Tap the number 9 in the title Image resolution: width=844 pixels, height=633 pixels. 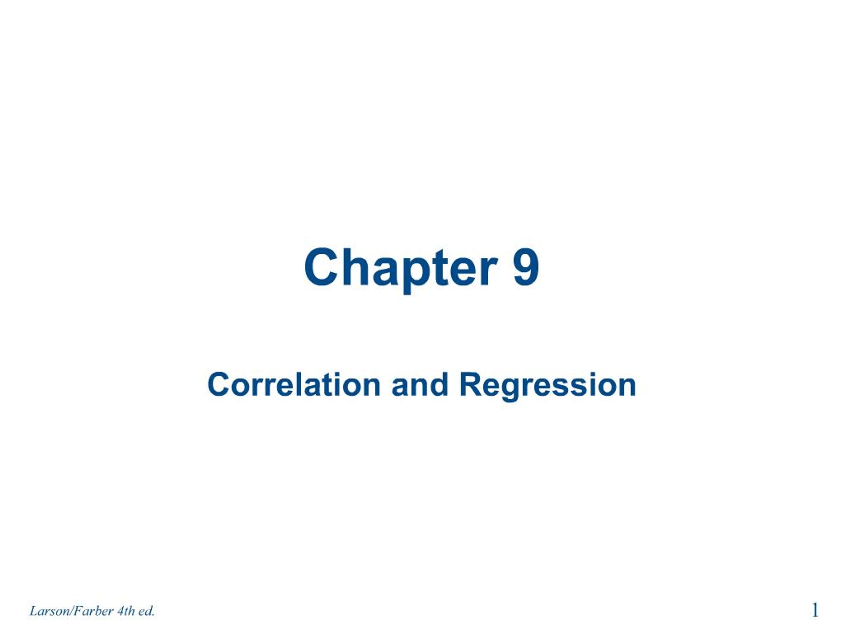[x=526, y=267]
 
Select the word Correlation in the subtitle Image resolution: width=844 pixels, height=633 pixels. [x=294, y=385]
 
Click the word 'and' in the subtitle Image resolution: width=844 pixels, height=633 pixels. [x=419, y=385]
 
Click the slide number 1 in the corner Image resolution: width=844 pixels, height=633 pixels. [x=815, y=611]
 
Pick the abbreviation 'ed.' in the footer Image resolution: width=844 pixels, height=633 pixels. [x=146, y=611]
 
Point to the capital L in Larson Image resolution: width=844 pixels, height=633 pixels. [x=34, y=611]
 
